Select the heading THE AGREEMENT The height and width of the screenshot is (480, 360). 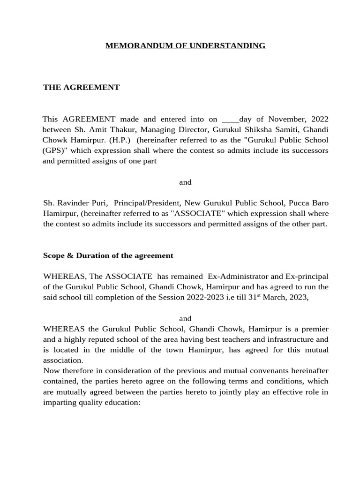coord(82,88)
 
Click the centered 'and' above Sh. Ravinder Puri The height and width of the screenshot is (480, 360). coord(185,182)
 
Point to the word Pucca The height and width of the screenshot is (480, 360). coord(300,203)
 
